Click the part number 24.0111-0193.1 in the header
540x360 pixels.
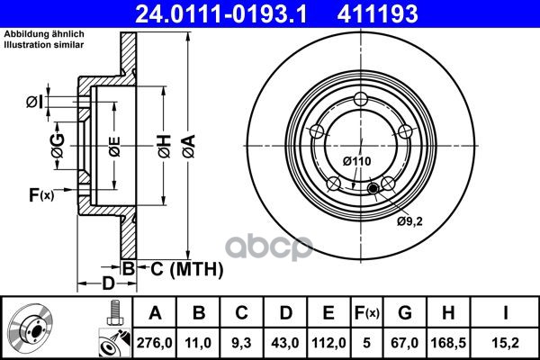(x=220, y=13)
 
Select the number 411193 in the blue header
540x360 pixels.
(x=377, y=13)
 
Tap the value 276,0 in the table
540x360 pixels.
(x=154, y=343)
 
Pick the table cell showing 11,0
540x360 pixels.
(x=198, y=343)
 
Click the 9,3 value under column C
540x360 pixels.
(x=241, y=343)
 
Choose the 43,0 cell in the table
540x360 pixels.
(x=285, y=343)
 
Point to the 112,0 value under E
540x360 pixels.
(x=328, y=343)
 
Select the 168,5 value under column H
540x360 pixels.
(x=448, y=343)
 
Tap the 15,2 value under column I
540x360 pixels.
(x=506, y=343)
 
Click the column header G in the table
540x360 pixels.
(x=405, y=313)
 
